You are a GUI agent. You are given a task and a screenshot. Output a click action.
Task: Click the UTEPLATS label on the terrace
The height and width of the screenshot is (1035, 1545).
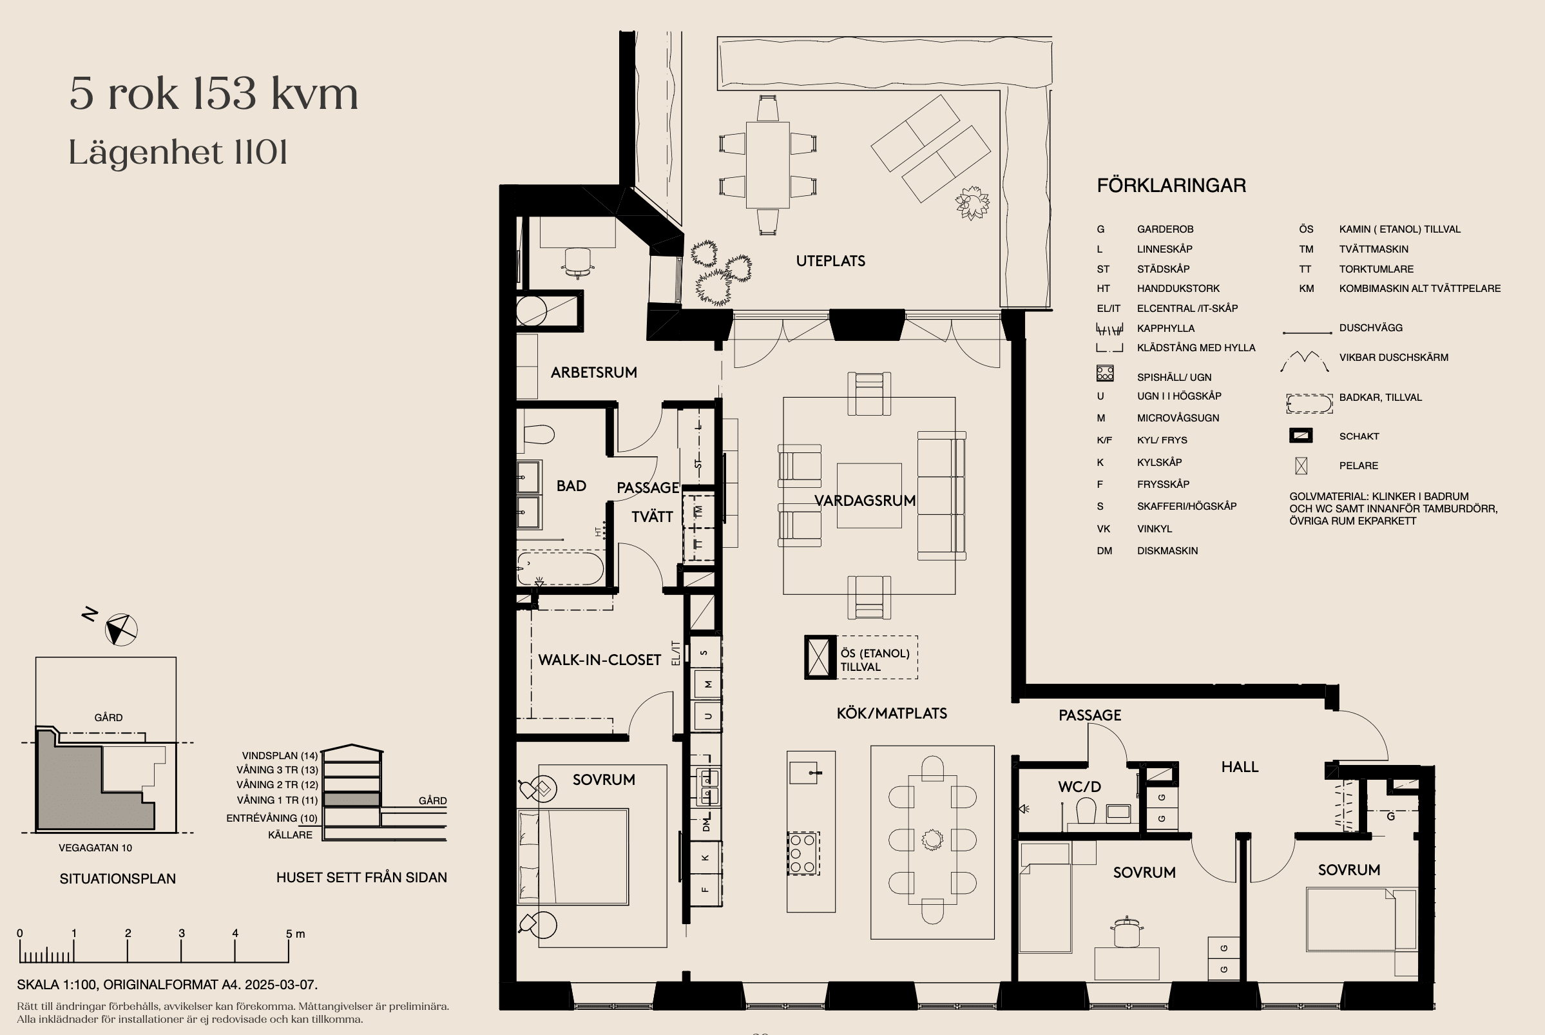(x=830, y=261)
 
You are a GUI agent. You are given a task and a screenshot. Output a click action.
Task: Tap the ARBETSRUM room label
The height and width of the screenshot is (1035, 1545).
(x=594, y=372)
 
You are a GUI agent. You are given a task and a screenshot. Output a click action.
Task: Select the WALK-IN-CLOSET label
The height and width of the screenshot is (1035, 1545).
(x=599, y=660)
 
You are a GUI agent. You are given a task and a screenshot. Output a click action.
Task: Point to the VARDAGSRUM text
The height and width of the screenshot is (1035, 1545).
(x=865, y=501)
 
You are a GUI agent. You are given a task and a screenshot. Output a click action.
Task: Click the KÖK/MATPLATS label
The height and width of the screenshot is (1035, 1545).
(x=892, y=713)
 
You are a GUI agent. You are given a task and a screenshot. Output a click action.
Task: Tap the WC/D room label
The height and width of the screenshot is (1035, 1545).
(x=1079, y=787)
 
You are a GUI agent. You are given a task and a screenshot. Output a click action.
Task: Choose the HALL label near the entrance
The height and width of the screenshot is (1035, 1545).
(x=1240, y=767)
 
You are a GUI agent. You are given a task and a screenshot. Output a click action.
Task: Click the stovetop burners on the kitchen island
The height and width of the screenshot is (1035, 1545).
(x=803, y=853)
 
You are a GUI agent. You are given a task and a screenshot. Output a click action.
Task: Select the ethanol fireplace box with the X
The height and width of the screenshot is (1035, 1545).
(x=819, y=657)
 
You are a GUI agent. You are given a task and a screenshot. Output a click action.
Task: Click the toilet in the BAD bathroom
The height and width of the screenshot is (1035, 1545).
(x=539, y=434)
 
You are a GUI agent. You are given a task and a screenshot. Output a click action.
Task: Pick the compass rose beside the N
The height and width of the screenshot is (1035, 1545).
(x=121, y=630)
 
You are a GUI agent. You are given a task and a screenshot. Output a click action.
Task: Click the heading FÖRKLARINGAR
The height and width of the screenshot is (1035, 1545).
(x=1171, y=186)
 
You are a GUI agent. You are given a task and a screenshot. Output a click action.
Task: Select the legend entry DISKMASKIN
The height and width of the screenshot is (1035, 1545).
(x=1167, y=550)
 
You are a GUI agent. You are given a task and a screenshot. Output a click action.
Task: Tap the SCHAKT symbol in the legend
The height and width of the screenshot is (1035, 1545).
(x=1301, y=436)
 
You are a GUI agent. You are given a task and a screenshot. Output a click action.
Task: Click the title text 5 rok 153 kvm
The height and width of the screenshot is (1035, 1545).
(x=214, y=93)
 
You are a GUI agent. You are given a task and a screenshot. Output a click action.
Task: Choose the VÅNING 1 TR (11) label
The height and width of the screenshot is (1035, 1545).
(x=277, y=800)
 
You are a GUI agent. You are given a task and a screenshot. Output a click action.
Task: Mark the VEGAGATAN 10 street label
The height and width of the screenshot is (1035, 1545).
(x=95, y=848)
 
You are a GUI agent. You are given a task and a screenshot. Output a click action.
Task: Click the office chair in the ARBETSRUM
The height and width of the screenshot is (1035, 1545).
(x=578, y=262)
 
